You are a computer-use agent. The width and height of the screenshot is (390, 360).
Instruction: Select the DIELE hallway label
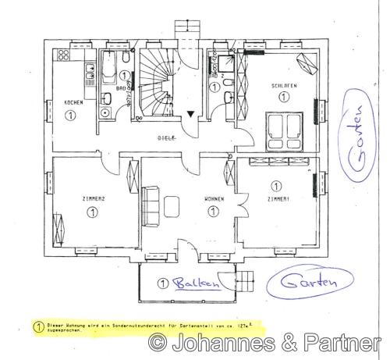tap(166, 137)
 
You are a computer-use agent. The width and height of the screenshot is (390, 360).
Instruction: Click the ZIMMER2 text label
tap(92, 198)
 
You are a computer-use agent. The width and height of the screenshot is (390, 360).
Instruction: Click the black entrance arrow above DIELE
tap(191, 115)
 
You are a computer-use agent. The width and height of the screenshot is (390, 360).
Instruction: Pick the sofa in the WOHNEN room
tap(151, 204)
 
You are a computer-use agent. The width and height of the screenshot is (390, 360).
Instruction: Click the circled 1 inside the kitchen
tap(71, 114)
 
